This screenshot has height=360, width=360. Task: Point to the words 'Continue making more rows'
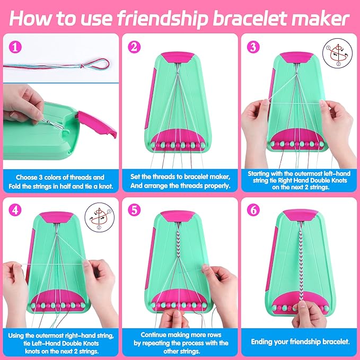tap(179, 335)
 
